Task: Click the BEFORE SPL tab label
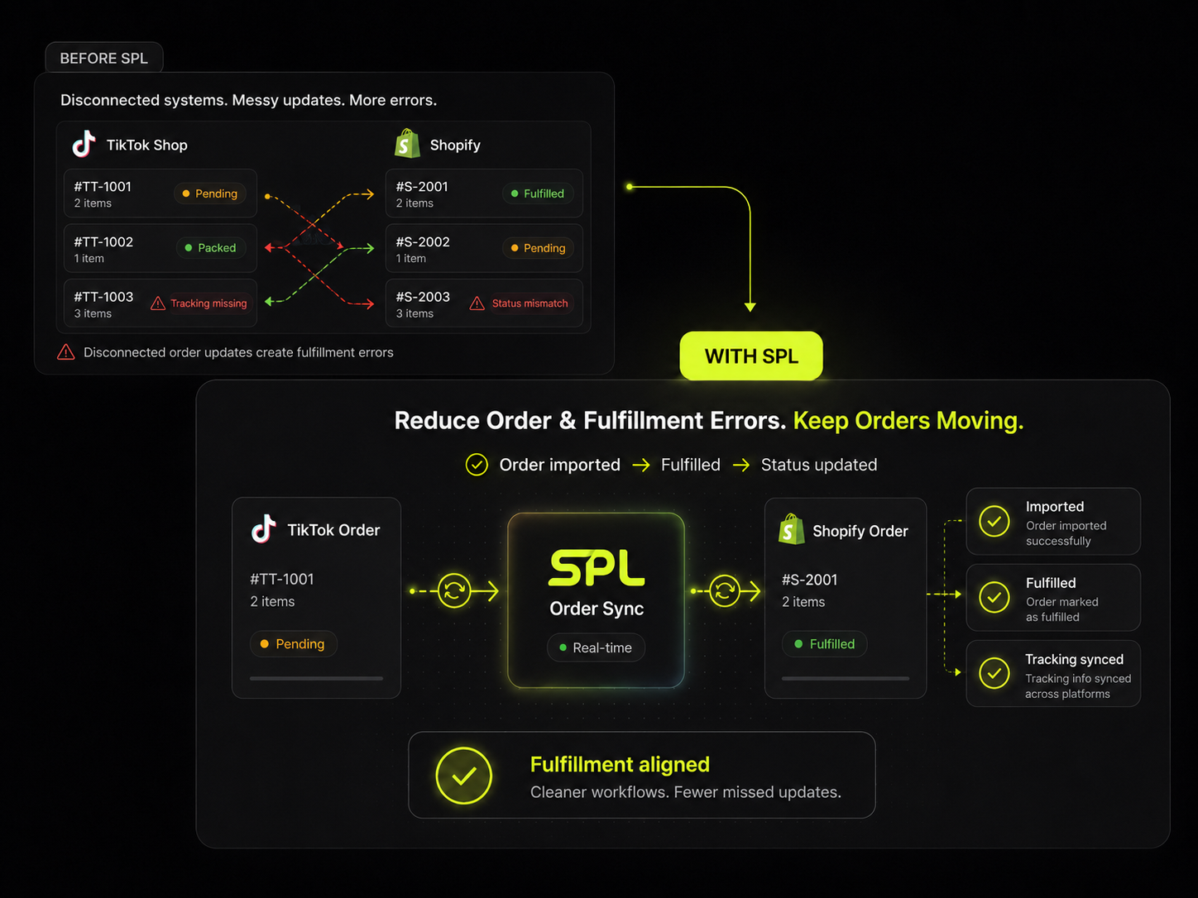[103, 58]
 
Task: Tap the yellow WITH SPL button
[751, 356]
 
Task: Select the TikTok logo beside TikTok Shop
[84, 144]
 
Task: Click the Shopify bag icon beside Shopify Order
[792, 529]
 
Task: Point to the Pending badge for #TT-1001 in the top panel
[210, 193]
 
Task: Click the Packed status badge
[211, 248]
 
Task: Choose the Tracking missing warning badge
[199, 303]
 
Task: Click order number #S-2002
[423, 241]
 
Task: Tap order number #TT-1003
[103, 297]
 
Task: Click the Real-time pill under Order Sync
[596, 647]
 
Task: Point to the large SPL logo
[596, 567]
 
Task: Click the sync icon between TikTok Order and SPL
[454, 590]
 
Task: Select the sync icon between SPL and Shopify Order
[725, 590]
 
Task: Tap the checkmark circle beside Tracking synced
[994, 673]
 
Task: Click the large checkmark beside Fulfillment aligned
[463, 776]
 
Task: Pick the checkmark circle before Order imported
[477, 465]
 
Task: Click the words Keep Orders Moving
[908, 420]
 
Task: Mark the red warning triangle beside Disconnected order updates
[66, 352]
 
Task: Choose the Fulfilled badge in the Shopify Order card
[824, 644]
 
